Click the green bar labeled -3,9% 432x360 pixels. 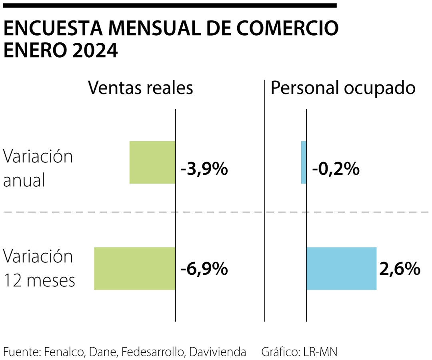(152, 162)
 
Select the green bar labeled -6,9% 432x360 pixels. (134, 268)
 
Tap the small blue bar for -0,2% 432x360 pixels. (304, 162)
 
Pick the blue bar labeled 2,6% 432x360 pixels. (341, 268)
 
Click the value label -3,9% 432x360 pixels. (204, 170)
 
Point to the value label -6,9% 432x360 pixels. (204, 269)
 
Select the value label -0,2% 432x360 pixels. (336, 170)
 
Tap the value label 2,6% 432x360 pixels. (400, 269)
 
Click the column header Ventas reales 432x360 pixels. (140, 88)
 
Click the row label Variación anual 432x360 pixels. (38, 168)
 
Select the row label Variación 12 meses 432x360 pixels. (39, 268)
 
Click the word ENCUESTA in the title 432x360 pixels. (54, 29)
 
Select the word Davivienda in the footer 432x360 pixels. (218, 352)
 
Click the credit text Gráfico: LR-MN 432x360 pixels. (299, 352)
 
